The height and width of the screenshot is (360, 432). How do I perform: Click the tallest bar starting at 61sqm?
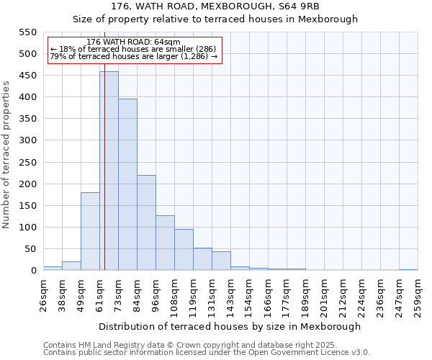pyautogui.click(x=109, y=171)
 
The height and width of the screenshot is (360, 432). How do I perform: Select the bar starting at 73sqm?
pyautogui.click(x=127, y=184)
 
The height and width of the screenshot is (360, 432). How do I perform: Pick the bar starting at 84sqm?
pyautogui.click(x=146, y=222)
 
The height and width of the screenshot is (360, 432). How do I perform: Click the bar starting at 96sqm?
pyautogui.click(x=165, y=243)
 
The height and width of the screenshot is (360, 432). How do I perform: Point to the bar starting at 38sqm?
pyautogui.click(x=71, y=266)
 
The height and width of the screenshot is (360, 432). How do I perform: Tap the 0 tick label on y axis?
pyautogui.click(x=33, y=271)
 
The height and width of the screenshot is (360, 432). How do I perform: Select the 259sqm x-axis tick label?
pyautogui.click(x=418, y=296)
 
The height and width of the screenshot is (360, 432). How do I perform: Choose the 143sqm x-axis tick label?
pyautogui.click(x=230, y=296)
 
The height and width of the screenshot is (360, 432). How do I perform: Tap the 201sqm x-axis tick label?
pyautogui.click(x=324, y=296)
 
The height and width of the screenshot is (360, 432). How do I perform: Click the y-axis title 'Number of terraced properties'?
pyautogui.click(x=6, y=155)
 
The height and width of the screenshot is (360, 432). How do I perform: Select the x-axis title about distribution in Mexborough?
pyautogui.click(x=230, y=326)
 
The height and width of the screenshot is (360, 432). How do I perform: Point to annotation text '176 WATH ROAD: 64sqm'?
pyautogui.click(x=133, y=42)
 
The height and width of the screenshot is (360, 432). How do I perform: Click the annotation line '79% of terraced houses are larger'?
pyautogui.click(x=133, y=56)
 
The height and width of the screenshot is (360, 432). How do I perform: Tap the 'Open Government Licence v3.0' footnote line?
pyautogui.click(x=207, y=352)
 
